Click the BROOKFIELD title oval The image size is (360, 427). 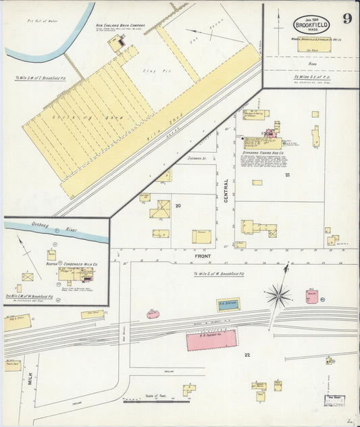(311, 26)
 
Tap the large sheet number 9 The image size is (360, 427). (346, 18)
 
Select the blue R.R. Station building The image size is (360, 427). (228, 304)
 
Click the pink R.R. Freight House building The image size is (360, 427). (211, 340)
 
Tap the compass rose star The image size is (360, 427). (278, 295)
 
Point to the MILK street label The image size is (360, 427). (30, 388)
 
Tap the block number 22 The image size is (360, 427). (247, 355)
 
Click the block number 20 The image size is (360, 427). (178, 205)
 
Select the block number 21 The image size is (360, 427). (287, 176)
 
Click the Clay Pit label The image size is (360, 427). (150, 70)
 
